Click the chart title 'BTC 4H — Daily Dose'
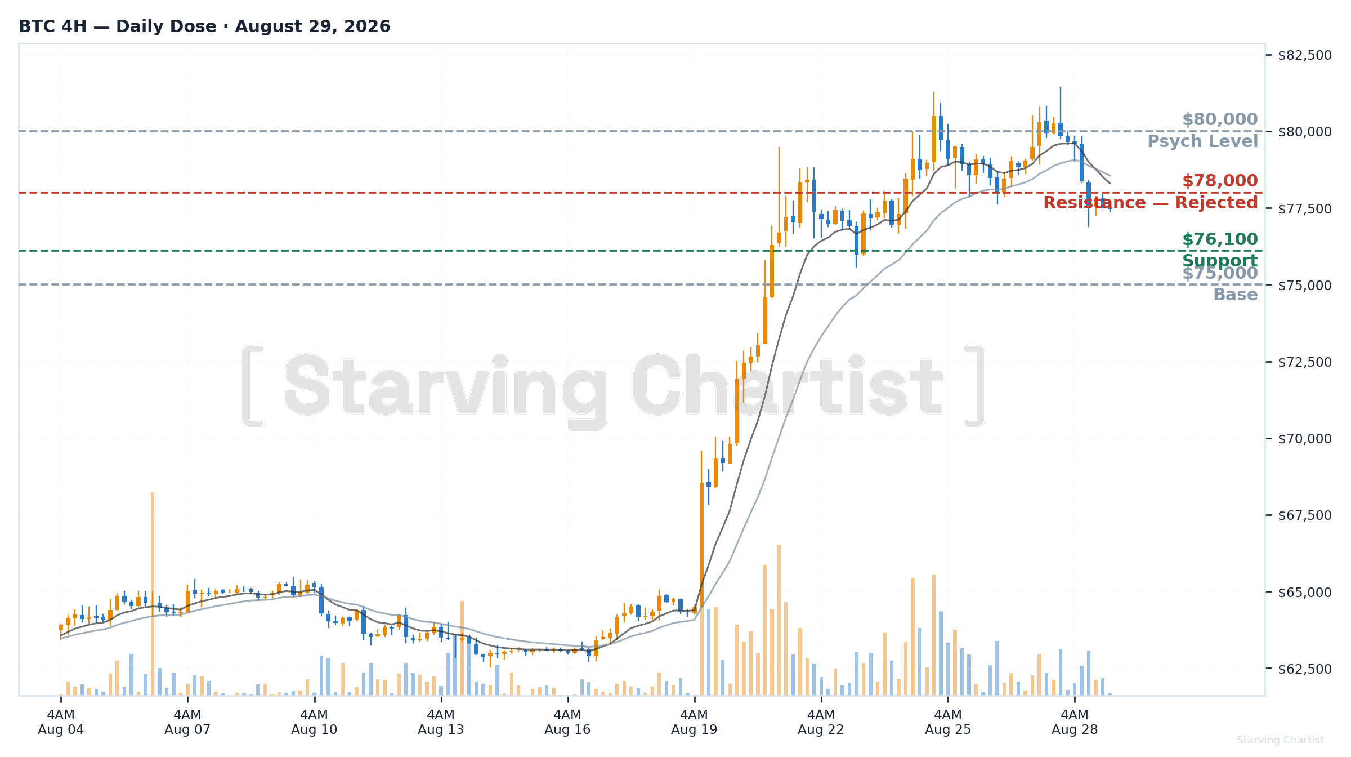point(118,26)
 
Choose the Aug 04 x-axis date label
point(61,729)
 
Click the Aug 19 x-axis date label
point(694,729)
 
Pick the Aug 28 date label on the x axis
point(1075,729)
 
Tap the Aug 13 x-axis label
point(441,729)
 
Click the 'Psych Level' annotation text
point(1202,141)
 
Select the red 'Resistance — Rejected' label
point(1150,203)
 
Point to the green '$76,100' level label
point(1220,239)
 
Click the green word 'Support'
point(1220,261)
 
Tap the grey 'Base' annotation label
point(1235,295)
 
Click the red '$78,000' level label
point(1220,181)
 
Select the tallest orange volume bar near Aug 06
point(152,594)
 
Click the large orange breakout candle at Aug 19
point(701,545)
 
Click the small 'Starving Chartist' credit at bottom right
point(1280,740)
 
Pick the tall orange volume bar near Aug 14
point(462,648)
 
